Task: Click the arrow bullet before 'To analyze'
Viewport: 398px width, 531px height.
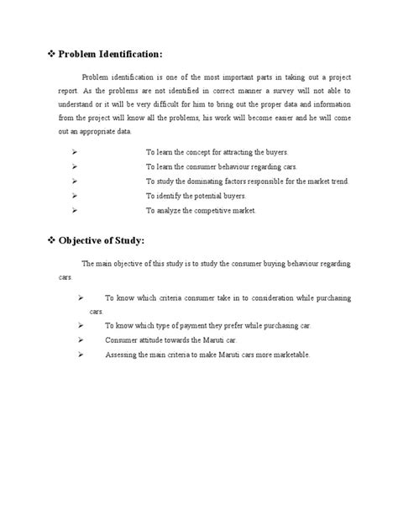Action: [x=76, y=209]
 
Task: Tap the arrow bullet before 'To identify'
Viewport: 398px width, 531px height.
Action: [x=76, y=195]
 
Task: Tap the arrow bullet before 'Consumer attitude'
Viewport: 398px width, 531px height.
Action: [x=81, y=339]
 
